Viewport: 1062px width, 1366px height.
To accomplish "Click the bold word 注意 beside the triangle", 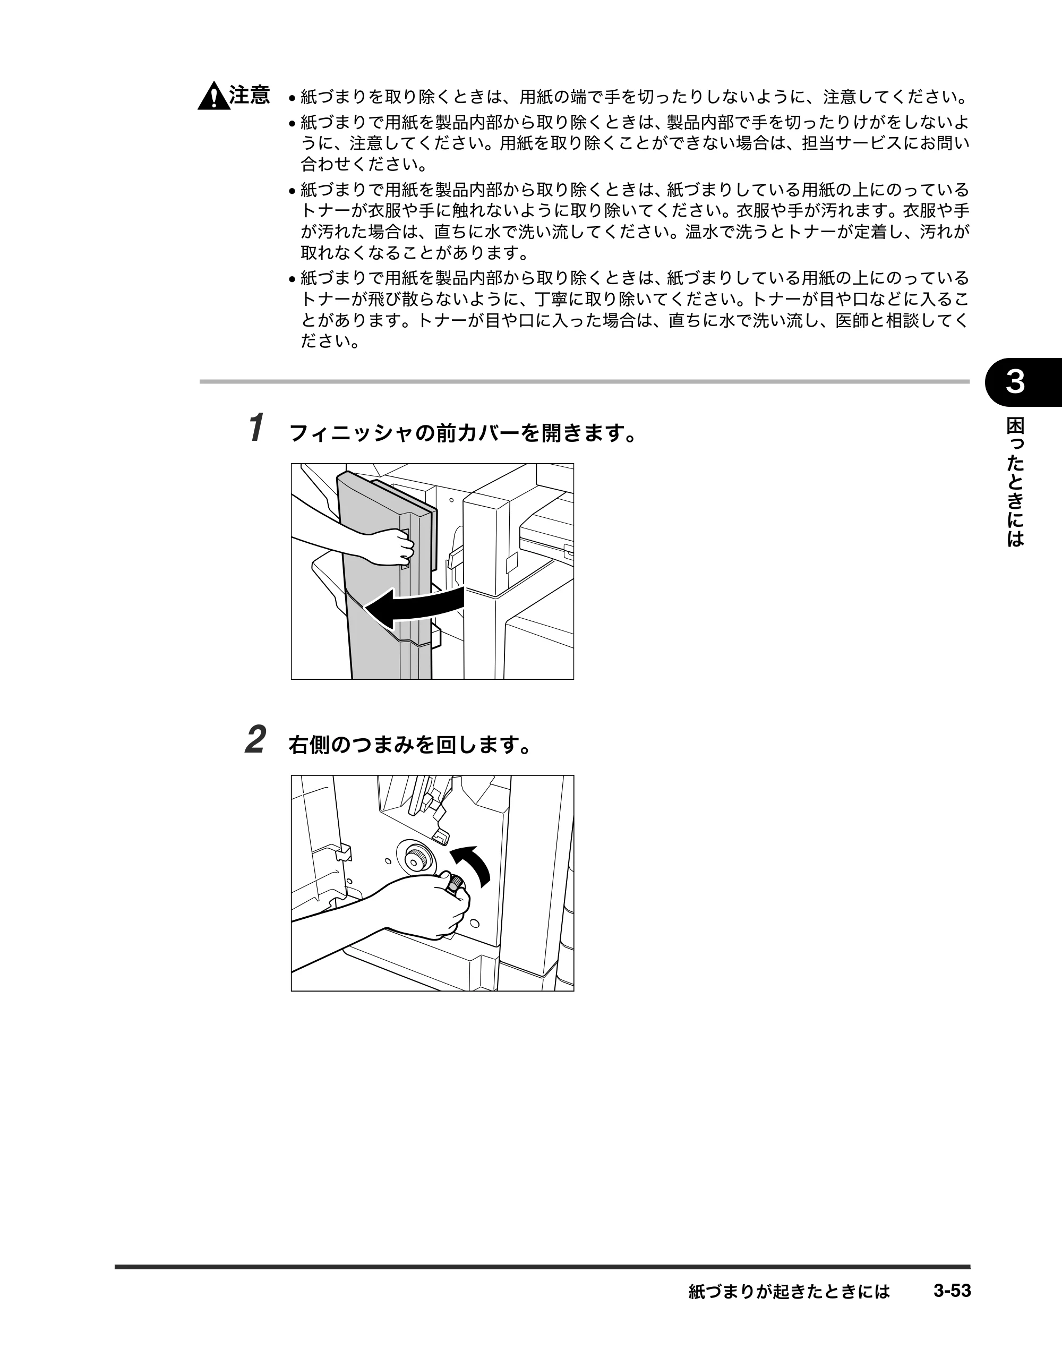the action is click(x=250, y=95).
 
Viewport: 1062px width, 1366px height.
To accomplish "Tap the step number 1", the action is click(x=255, y=428).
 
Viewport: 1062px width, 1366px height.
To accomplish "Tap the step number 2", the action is click(x=256, y=739).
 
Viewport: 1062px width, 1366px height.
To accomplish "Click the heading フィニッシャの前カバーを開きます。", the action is click(x=463, y=432).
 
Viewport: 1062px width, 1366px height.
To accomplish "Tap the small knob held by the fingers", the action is click(x=455, y=883).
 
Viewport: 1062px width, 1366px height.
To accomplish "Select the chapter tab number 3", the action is click(x=1015, y=381).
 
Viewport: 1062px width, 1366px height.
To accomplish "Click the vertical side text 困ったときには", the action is click(x=1015, y=482).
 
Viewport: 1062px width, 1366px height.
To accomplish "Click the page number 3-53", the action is click(x=952, y=1291).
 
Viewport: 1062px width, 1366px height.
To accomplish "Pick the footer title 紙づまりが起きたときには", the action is click(x=789, y=1291).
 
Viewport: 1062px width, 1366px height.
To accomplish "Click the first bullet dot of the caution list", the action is click(x=292, y=99).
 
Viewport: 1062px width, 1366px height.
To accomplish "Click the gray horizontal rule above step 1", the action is click(x=584, y=381).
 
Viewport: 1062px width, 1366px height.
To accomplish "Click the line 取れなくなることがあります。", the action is click(x=414, y=253).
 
